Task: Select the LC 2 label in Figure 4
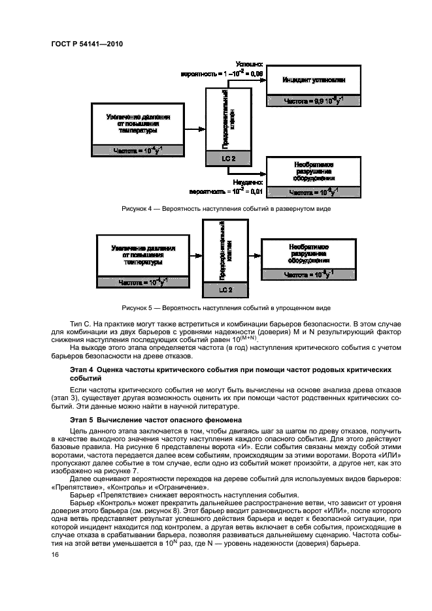[x=225, y=159]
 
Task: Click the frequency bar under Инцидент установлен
[x=314, y=101]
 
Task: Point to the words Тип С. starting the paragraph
[x=80, y=323]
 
